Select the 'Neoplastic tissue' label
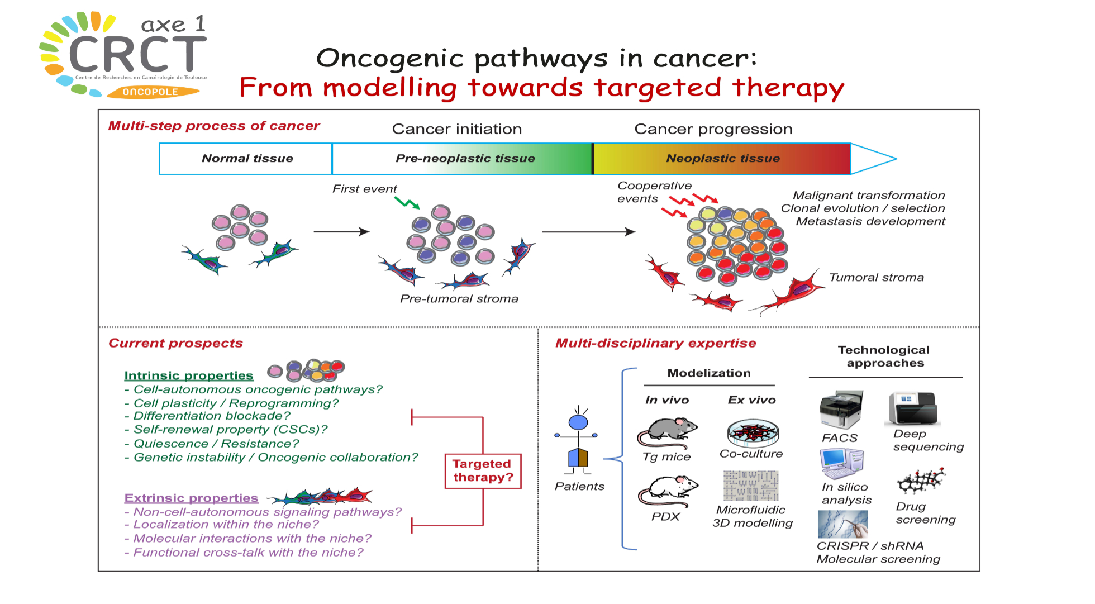coord(722,159)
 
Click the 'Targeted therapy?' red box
coord(483,471)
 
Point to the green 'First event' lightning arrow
coord(407,202)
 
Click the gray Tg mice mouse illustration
coord(667,432)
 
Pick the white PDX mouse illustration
coord(668,491)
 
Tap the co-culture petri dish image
coord(753,433)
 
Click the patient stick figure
coord(578,441)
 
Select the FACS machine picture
coord(841,410)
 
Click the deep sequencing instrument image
coord(913,408)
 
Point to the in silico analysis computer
coord(842,464)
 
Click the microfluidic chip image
coord(750,486)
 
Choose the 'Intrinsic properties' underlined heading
coord(189,375)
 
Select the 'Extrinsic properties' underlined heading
coord(191,498)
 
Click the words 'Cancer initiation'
coord(456,129)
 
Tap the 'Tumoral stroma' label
coord(876,278)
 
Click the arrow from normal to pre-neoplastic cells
coord(341,231)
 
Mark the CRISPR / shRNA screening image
coord(842,524)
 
